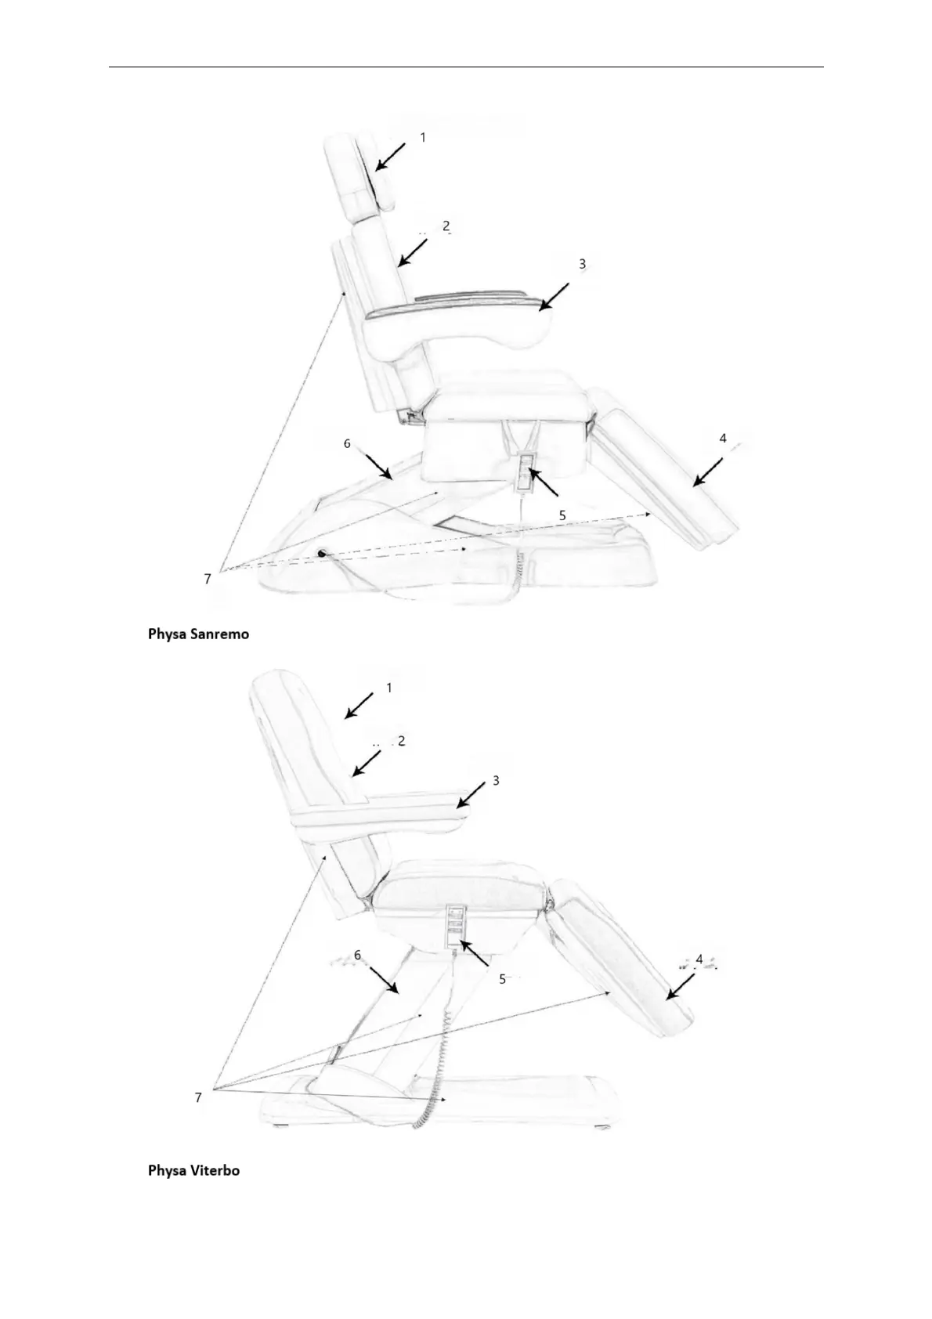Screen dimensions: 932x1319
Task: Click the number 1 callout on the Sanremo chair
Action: click(423, 137)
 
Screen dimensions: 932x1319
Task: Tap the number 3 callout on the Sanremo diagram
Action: click(582, 265)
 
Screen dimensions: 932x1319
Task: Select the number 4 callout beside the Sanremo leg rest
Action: click(723, 439)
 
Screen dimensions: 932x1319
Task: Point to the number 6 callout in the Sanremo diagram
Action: click(347, 443)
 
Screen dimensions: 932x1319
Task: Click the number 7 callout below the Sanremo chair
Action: click(208, 579)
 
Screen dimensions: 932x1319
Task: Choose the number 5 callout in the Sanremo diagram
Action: click(562, 515)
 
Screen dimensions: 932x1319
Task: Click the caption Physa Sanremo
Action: click(199, 634)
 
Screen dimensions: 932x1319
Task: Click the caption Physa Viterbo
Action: click(194, 1171)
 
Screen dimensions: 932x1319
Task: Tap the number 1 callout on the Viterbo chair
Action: click(389, 688)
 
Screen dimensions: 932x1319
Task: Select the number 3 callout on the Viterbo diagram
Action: click(496, 780)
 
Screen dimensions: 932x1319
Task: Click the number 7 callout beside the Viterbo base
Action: click(198, 1097)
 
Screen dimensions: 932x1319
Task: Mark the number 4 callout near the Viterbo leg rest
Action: click(699, 958)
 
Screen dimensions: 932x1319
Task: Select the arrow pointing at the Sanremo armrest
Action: click(553, 297)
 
